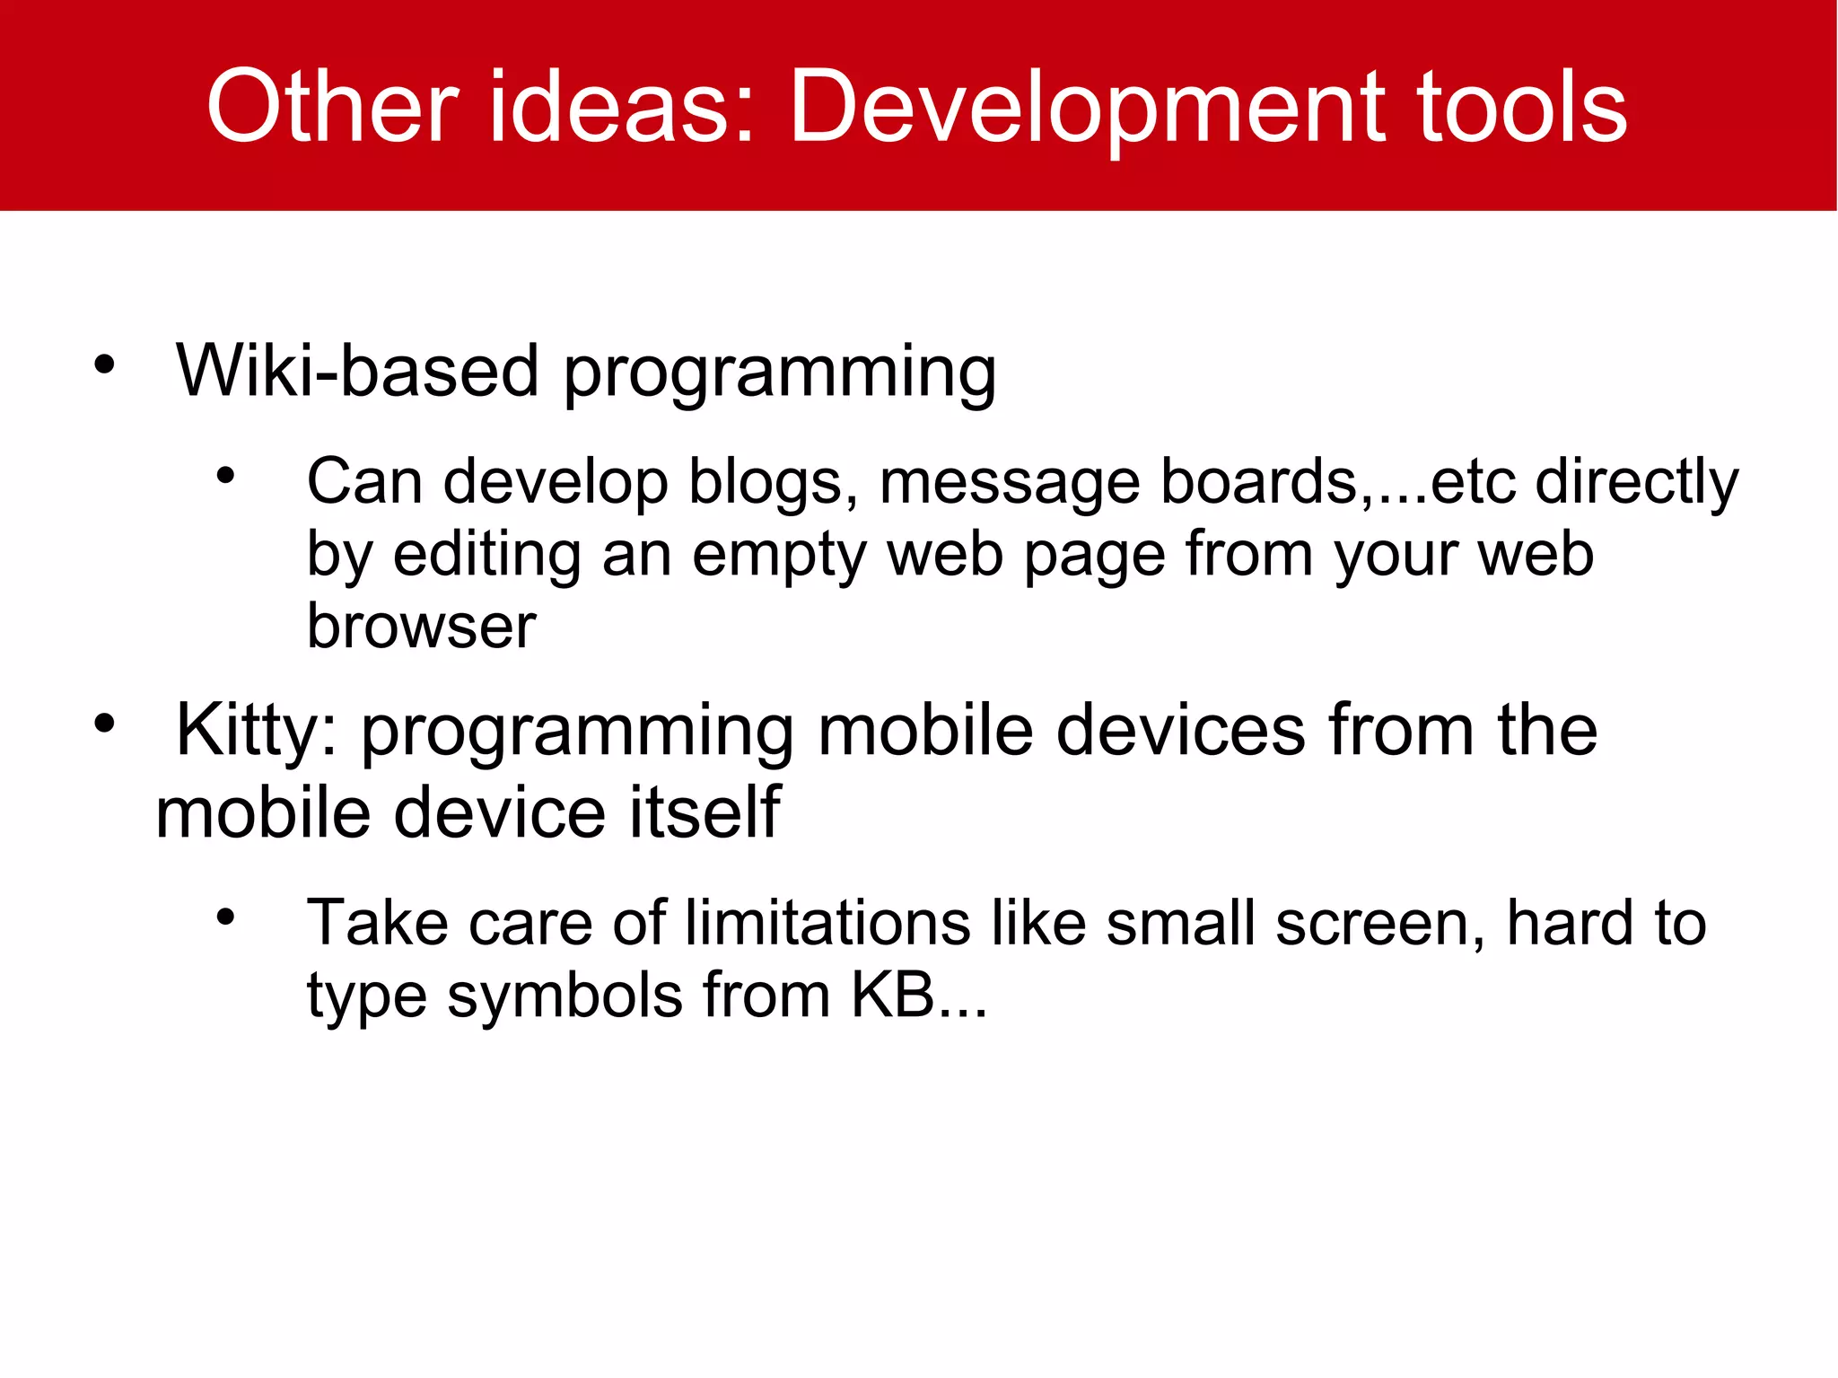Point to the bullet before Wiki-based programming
[105, 364]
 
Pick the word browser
[421, 626]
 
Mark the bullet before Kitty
[105, 724]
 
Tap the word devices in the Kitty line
[1180, 729]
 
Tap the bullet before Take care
[225, 917]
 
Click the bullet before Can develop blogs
[225, 475]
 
